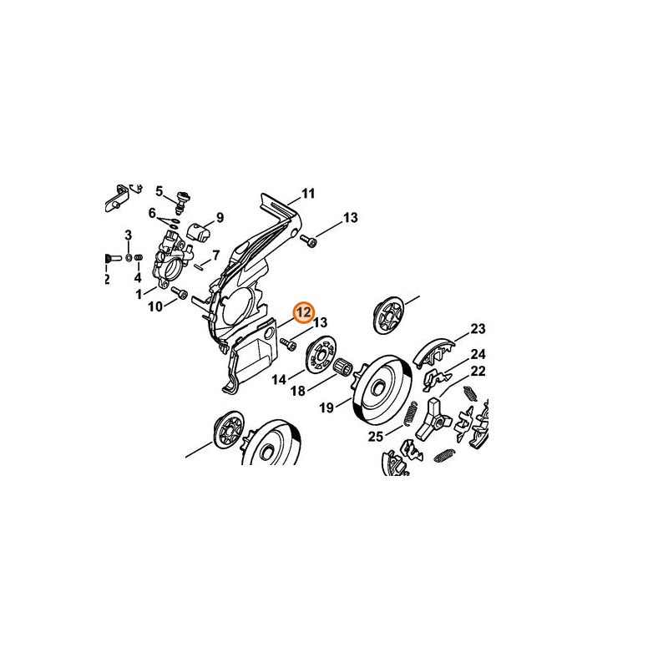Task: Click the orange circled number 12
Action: (x=303, y=311)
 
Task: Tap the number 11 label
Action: (x=308, y=194)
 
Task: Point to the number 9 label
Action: (x=220, y=218)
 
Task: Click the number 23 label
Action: (x=478, y=328)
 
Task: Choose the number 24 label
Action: (x=478, y=354)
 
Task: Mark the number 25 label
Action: (x=375, y=436)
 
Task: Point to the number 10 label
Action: (x=155, y=307)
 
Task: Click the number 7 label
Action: (x=215, y=255)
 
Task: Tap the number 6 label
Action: (x=153, y=213)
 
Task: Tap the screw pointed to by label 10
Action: (x=179, y=294)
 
